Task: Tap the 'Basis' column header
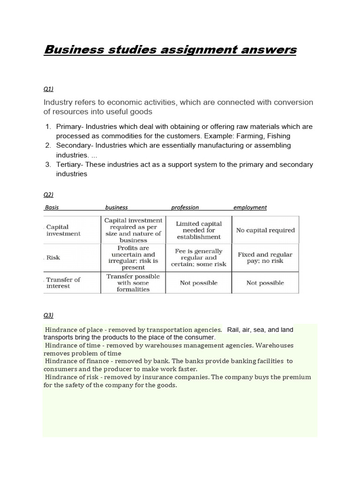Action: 52,207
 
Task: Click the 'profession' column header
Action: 185,207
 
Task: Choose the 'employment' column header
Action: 250,207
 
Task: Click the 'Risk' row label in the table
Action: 53,257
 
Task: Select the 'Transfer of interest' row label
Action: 63,283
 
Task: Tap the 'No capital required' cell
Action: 265,230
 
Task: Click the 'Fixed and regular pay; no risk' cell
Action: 265,257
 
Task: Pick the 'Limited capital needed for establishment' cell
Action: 199,230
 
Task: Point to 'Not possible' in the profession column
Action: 199,283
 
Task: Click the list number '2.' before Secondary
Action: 48,145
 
